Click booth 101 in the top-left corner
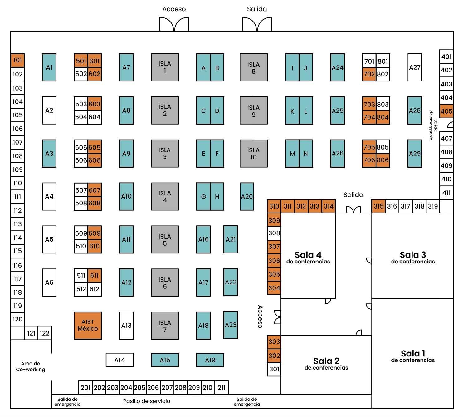(17, 60)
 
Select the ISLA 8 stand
(253, 67)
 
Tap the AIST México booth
(88, 325)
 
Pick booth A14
(119, 360)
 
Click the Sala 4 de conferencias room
(308, 258)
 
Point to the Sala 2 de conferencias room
(326, 364)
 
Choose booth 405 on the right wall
(446, 111)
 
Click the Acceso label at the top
(174, 9)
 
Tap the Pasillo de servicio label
(147, 401)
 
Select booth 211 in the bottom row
(222, 387)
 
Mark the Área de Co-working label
(31, 366)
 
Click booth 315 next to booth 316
(378, 206)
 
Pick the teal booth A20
(247, 196)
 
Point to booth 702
(369, 74)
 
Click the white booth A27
(415, 67)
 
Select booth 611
(95, 275)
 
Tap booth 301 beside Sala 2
(274, 369)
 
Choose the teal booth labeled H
(217, 196)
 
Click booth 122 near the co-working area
(45, 333)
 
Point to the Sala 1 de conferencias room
(412, 356)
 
